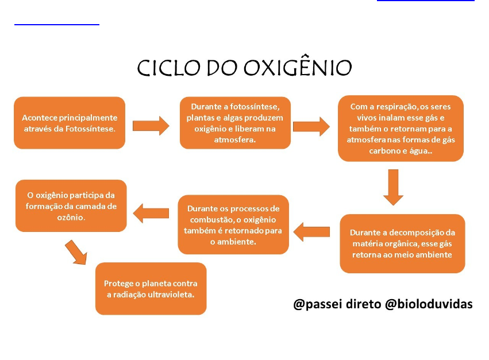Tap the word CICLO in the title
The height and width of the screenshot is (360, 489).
point(168,68)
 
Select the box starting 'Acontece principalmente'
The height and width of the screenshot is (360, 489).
point(70,123)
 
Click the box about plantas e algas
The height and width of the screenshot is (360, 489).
point(235,123)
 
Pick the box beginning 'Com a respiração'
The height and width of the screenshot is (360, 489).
point(401,129)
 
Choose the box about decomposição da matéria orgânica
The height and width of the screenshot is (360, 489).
point(402,243)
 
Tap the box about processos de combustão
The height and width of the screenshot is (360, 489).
point(233,224)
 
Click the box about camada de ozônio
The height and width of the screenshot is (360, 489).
point(71,206)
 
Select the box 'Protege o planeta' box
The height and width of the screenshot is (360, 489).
point(151,289)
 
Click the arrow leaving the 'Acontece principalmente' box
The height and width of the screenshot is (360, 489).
point(151,126)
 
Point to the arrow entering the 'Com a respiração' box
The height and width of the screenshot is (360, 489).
point(311,126)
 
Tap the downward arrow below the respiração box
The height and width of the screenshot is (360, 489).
point(393,187)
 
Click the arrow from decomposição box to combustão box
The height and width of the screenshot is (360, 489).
point(311,232)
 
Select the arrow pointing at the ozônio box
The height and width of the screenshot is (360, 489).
point(151,214)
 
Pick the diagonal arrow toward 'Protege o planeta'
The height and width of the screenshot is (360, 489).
point(76,253)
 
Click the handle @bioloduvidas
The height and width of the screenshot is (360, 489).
point(429,304)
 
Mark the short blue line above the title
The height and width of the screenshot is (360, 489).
point(57,24)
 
